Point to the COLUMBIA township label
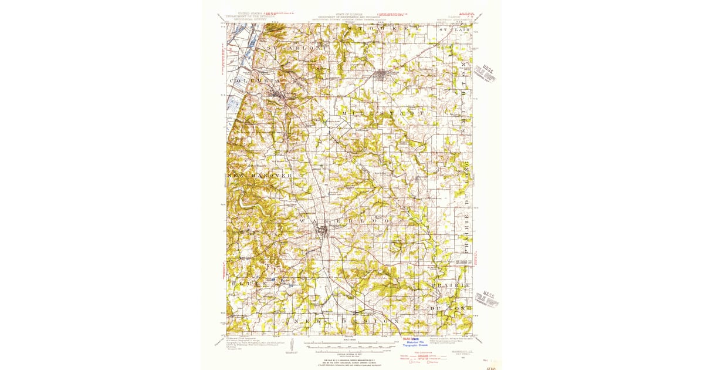click(255, 80)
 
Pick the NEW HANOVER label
click(259, 176)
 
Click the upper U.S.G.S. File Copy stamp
click(486, 73)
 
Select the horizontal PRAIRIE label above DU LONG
click(451, 285)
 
